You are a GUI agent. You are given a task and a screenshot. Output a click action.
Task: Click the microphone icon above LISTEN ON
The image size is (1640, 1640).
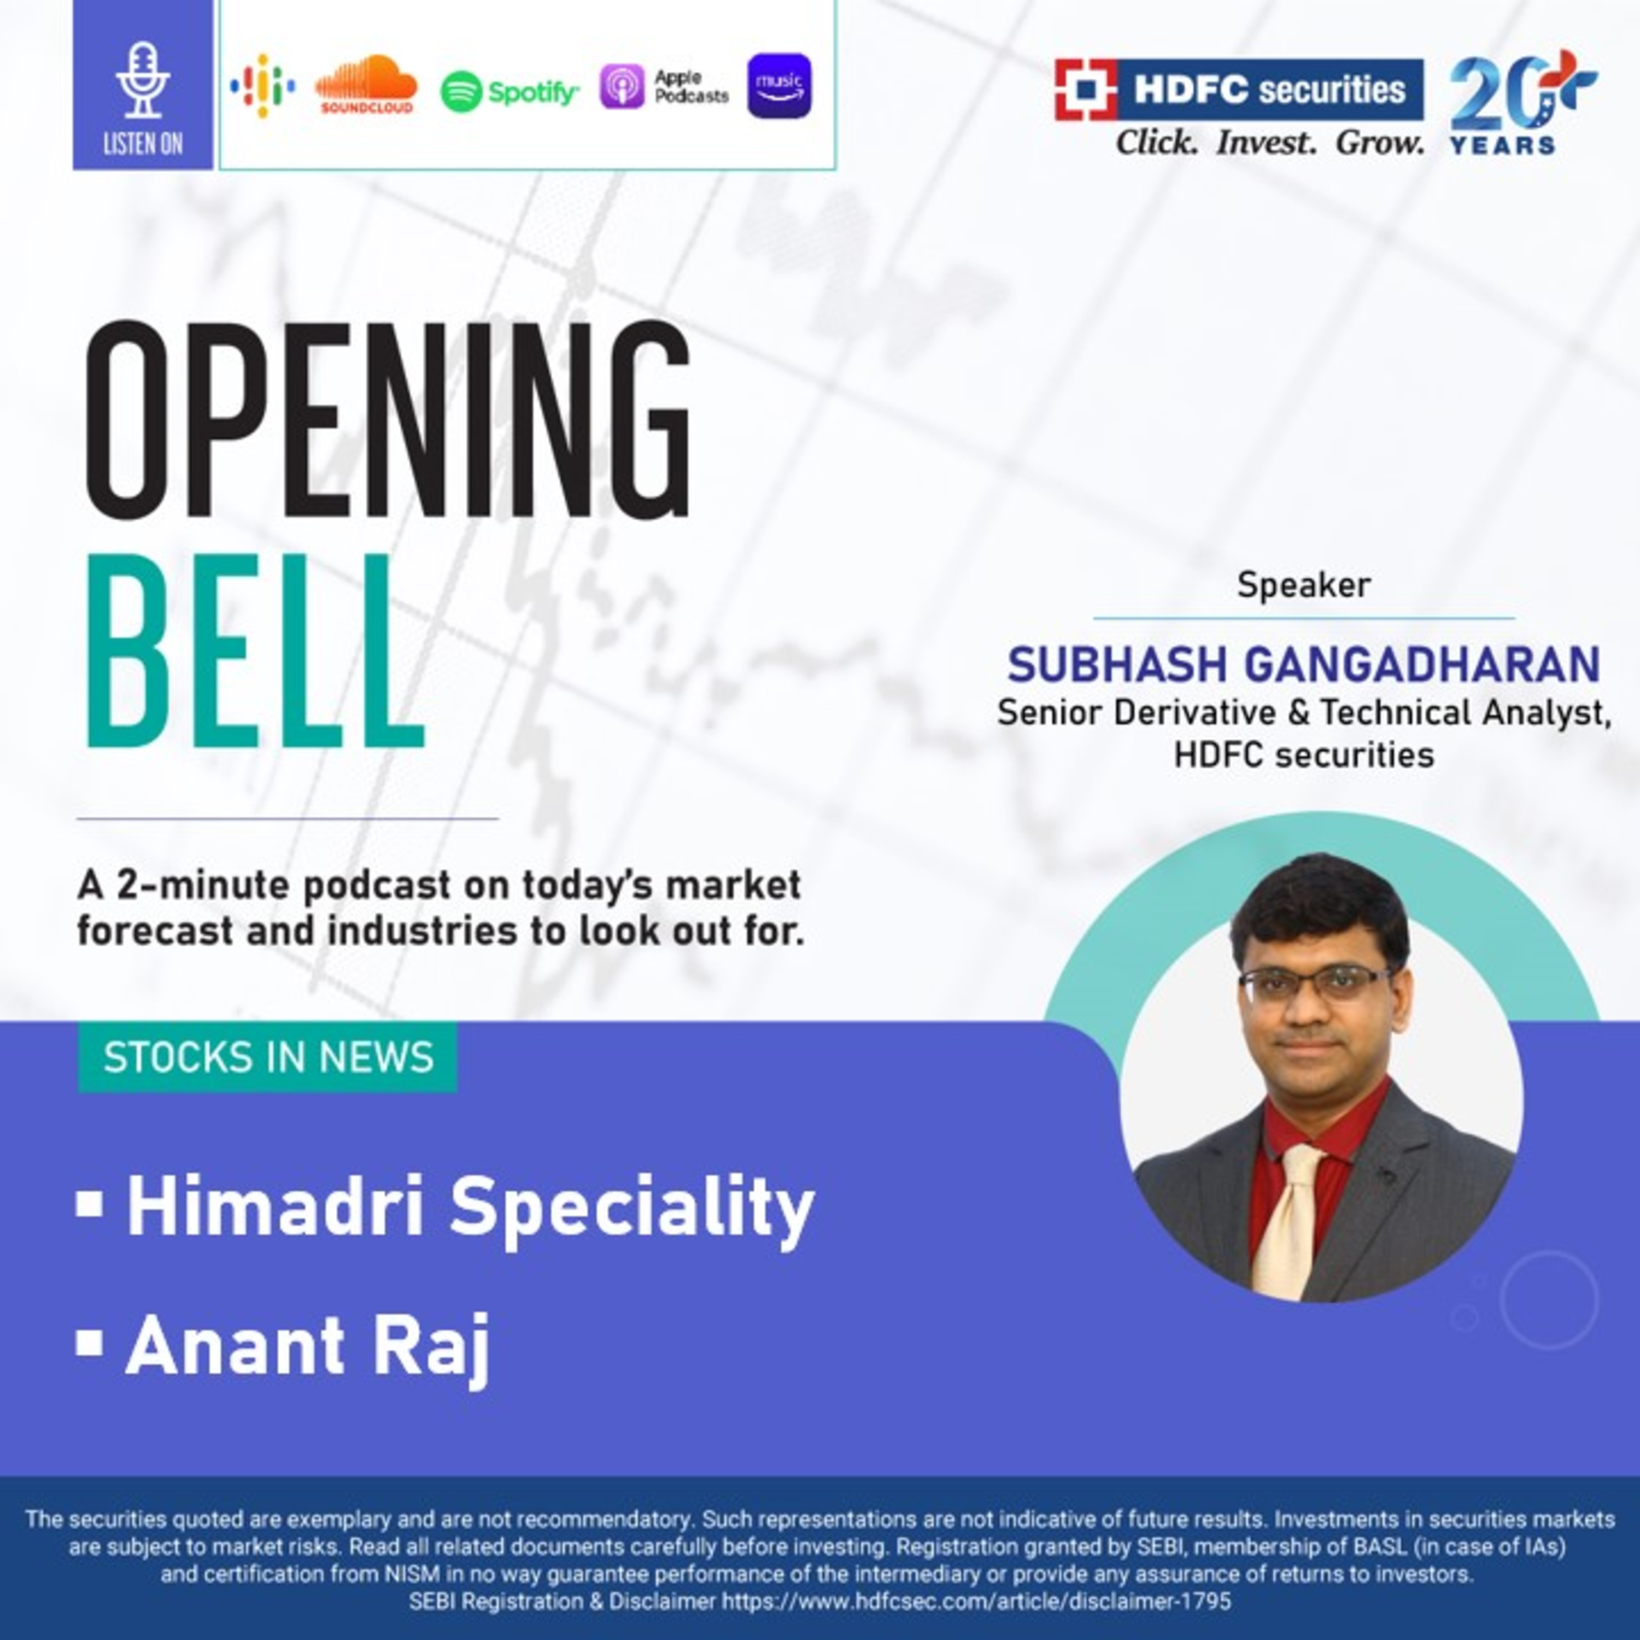coord(143,81)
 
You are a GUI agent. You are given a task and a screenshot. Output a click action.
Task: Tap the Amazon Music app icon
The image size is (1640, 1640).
coord(779,86)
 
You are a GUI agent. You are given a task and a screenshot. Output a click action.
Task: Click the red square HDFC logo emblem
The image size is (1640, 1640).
coord(1086,89)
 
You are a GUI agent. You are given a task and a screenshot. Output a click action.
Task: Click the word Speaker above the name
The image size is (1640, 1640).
coord(1303,585)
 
